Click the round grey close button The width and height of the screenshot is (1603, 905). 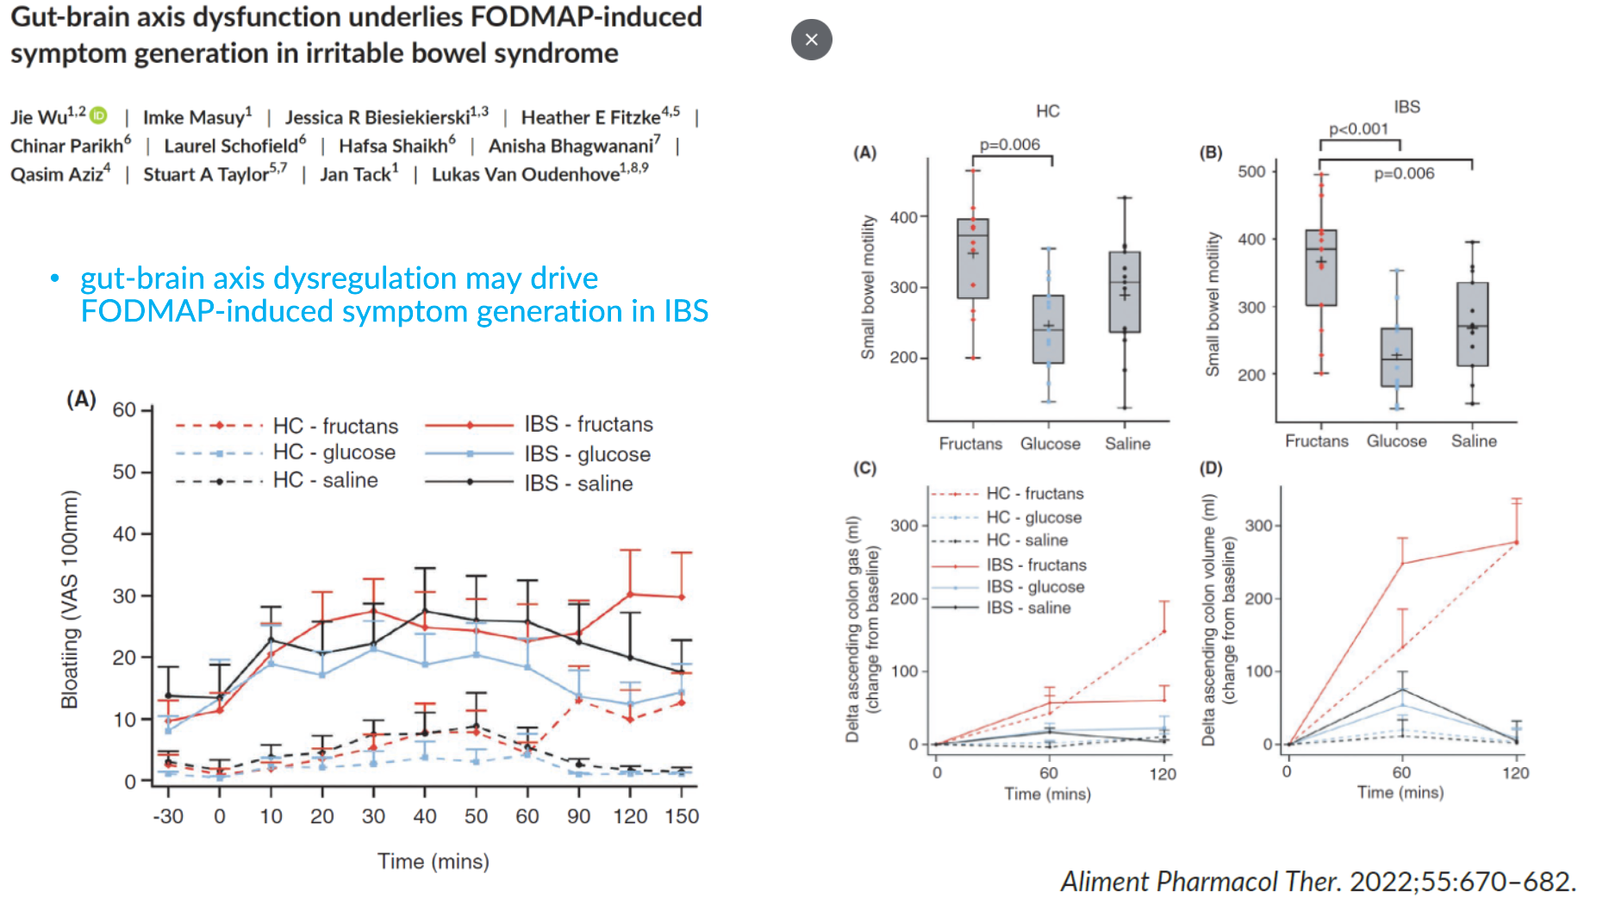coord(811,40)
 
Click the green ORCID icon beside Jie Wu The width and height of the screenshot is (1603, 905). coord(99,115)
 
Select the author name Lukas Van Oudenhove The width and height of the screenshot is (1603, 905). coord(525,174)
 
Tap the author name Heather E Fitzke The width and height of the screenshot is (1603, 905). coord(590,117)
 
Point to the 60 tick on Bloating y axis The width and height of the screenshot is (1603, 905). coord(124,409)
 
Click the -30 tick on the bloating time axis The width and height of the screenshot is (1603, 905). coord(168,816)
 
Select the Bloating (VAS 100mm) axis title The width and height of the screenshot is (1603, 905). coord(70,599)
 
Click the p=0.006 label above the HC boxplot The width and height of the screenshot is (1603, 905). coord(1009,145)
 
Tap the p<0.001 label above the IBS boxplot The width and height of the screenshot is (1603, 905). coord(1358,129)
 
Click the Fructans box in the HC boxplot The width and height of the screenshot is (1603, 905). coord(973,259)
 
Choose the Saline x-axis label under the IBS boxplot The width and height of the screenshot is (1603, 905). coord(1474,441)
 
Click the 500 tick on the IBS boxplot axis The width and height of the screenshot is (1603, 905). coord(1251,172)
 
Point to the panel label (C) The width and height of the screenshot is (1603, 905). coord(864,468)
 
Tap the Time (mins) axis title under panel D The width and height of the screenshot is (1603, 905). coord(1400,792)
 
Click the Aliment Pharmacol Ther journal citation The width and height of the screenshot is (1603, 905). coord(1318,881)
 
